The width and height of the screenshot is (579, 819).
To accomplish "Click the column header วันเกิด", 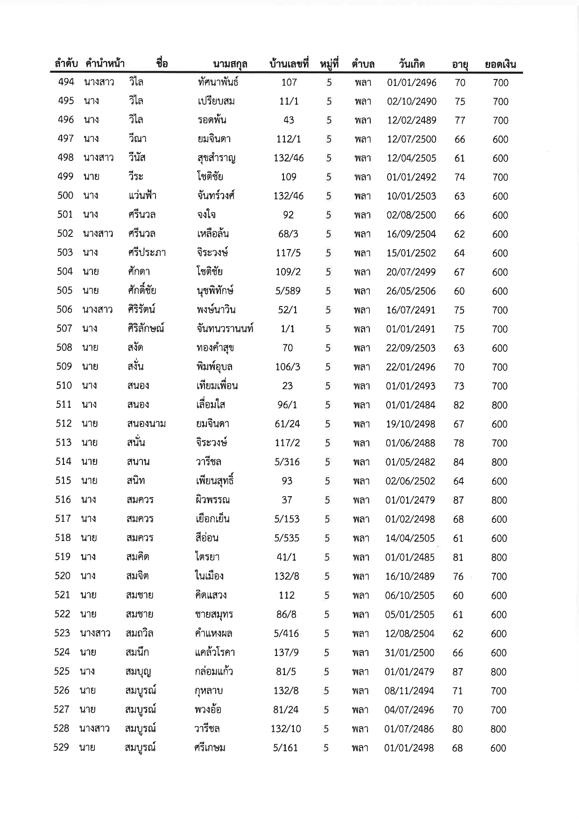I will click(x=411, y=64).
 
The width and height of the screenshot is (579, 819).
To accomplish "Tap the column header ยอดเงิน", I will click(x=500, y=64).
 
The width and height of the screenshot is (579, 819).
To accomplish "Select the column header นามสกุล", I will click(x=230, y=64).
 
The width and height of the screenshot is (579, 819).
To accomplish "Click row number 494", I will click(x=66, y=82).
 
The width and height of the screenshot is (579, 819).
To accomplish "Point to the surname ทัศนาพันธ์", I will click(x=218, y=82).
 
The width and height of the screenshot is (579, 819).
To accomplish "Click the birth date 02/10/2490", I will click(x=411, y=101).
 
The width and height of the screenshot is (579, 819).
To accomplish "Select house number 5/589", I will click(x=288, y=291).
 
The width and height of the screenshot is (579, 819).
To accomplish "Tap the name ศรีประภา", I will click(x=147, y=253).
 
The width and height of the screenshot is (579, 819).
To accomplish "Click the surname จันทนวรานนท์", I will click(x=225, y=328).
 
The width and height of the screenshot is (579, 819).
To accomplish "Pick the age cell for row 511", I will click(x=459, y=405).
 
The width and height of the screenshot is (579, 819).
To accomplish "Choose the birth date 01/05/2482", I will click(x=410, y=462).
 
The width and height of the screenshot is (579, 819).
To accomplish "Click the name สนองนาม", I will click(x=146, y=424).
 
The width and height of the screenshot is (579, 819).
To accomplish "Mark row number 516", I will click(x=63, y=499).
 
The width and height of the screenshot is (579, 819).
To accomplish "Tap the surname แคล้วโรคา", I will click(x=215, y=652).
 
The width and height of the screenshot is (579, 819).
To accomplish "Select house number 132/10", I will click(x=286, y=728).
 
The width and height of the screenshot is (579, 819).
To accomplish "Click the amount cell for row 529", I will click(x=498, y=748).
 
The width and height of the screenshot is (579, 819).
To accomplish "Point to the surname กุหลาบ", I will click(x=209, y=691).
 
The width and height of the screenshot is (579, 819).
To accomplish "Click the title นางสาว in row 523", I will click(x=95, y=633).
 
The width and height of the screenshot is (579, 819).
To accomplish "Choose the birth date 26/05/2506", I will click(x=410, y=291).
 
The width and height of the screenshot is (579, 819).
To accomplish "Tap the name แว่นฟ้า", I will click(x=142, y=196).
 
